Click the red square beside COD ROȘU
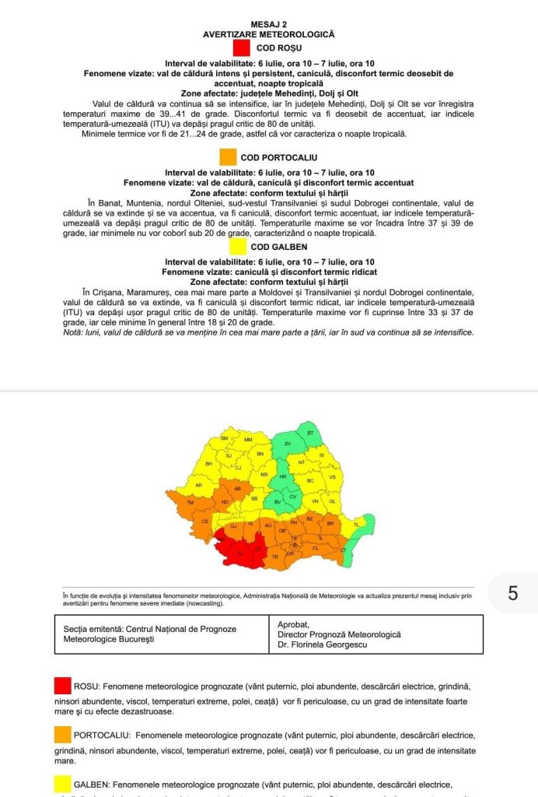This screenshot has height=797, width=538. tap(242, 48)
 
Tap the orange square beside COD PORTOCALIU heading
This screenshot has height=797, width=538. tap(228, 157)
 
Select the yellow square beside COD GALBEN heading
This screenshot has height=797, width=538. tap(238, 247)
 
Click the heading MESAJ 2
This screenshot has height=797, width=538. tap(268, 25)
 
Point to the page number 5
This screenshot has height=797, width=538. tap(512, 593)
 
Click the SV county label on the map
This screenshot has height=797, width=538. tap(287, 444)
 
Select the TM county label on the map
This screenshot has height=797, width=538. tap(191, 502)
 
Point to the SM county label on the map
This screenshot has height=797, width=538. tap(225, 439)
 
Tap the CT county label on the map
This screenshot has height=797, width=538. tap(343, 550)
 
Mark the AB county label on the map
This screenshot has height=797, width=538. tap(237, 489)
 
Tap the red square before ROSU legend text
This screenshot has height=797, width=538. tap(63, 686)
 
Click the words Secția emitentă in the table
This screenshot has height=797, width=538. tap(89, 629)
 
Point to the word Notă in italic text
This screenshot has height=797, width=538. tap(75, 332)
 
